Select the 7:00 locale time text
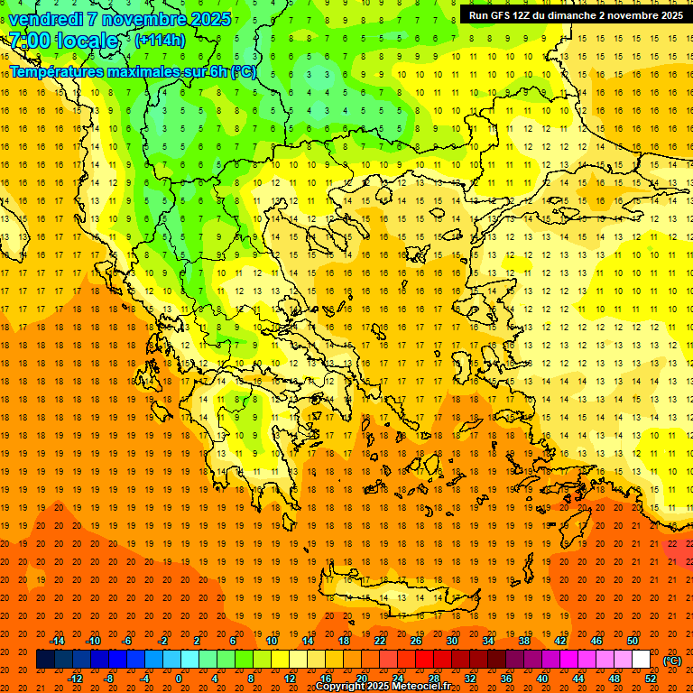point(63,41)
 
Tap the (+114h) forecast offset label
point(160,40)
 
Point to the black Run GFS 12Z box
point(575,15)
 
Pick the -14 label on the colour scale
point(57,640)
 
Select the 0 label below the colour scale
point(178,679)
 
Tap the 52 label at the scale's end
point(651,679)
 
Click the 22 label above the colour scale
point(380,640)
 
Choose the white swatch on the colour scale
point(642,660)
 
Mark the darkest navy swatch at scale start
point(46,660)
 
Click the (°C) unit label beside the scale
point(672,661)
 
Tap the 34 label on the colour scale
point(488,640)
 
